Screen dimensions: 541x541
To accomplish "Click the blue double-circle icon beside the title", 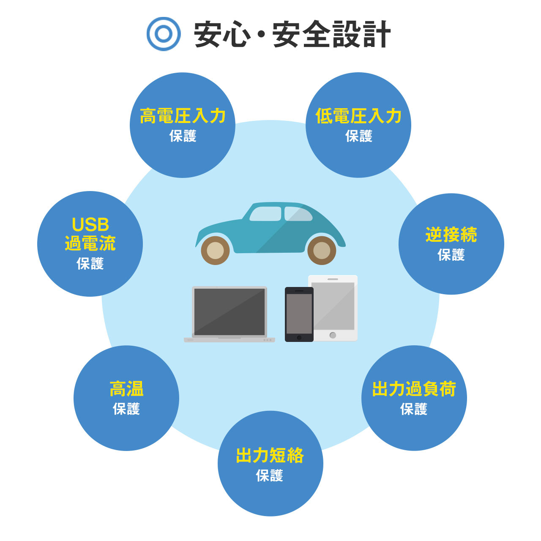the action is click(x=164, y=34).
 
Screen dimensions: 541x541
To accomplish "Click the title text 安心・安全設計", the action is click(x=292, y=34).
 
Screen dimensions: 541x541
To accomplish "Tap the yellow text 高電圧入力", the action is click(x=183, y=116).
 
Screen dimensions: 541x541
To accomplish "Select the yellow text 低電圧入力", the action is click(x=358, y=116).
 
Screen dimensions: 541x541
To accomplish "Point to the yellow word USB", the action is click(x=90, y=224).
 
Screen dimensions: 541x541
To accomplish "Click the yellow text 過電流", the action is click(x=90, y=243).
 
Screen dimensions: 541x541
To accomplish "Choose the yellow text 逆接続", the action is click(x=451, y=235).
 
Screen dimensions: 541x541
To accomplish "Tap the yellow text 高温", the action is click(x=126, y=389).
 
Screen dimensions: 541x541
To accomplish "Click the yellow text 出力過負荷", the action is click(x=414, y=389).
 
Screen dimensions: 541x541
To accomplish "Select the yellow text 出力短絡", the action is click(x=270, y=455).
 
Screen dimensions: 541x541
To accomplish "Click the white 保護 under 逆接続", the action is click(x=451, y=255).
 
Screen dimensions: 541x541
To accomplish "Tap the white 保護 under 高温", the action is click(x=126, y=409).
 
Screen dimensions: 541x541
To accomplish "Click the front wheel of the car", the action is click(x=215, y=251).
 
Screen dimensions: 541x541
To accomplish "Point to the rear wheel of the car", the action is click(x=322, y=251).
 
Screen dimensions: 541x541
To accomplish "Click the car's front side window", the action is click(x=265, y=214).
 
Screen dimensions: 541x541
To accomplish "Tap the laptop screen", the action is click(x=230, y=311).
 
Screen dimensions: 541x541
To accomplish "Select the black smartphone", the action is click(x=299, y=314).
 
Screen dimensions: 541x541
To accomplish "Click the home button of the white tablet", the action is click(x=333, y=335).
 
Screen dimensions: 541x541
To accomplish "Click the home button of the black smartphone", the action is click(x=299, y=337).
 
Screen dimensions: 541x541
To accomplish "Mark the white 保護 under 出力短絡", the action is click(x=270, y=475).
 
